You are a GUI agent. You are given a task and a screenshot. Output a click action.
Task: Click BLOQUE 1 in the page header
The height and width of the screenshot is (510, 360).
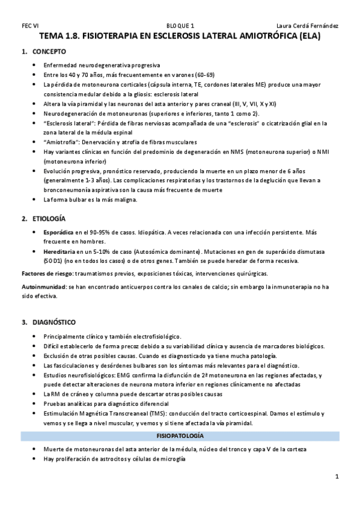click(x=180, y=25)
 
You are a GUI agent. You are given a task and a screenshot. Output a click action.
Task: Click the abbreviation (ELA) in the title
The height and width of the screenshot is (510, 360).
click(x=310, y=36)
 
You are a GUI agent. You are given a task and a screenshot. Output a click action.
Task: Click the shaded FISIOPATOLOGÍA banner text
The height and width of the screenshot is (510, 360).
click(x=180, y=434)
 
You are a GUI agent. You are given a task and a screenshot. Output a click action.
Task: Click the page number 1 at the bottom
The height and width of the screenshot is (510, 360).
click(x=337, y=477)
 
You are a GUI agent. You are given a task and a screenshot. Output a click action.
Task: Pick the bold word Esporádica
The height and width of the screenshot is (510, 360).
click(x=59, y=232)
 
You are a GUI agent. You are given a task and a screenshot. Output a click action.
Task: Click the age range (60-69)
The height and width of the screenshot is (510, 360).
click(x=202, y=75)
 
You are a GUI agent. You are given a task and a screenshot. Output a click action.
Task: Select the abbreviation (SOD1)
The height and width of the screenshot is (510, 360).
click(x=54, y=261)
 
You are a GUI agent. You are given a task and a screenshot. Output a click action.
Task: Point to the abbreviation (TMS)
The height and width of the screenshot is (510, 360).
click(x=154, y=414)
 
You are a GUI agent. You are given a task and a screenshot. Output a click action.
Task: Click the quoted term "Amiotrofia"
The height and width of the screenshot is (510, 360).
click(x=63, y=141)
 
